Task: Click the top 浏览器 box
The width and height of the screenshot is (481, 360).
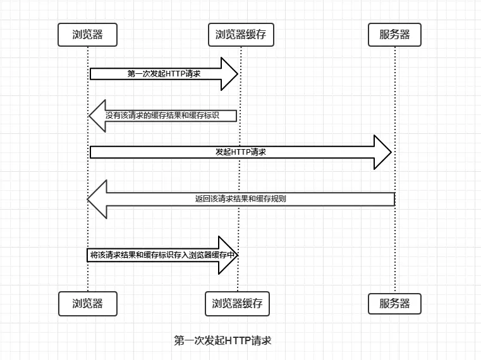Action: coord(88,35)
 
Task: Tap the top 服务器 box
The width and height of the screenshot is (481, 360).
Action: coord(394,35)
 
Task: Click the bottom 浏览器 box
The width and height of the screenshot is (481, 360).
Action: coord(88,304)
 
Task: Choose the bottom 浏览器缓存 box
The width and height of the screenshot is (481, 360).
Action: coord(237,304)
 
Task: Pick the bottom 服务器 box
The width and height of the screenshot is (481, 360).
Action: coord(394,304)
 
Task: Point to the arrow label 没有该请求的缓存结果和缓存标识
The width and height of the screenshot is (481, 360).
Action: coord(171,116)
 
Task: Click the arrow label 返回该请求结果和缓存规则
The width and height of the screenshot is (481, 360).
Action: coord(240,198)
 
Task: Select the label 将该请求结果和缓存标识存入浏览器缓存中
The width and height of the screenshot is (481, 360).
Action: coord(163,255)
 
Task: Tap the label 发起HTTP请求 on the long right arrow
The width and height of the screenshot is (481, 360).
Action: coord(240,152)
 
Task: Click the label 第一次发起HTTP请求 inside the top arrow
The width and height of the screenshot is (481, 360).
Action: coord(164,74)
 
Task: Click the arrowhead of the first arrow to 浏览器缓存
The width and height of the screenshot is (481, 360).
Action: coord(229,74)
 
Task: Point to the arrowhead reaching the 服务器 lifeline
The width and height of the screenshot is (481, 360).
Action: coord(383,152)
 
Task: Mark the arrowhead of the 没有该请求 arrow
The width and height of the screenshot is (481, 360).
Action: coord(97,116)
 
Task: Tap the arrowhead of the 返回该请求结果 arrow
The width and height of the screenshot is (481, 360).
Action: coord(97,198)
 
